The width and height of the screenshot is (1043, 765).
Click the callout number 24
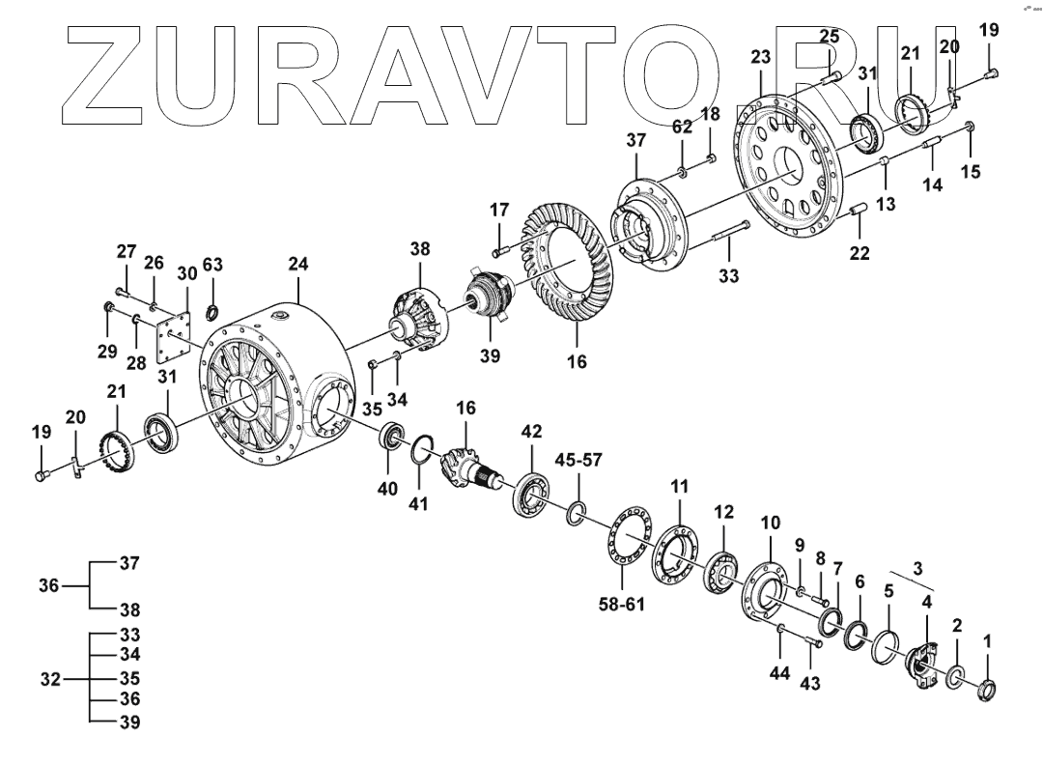tap(297, 263)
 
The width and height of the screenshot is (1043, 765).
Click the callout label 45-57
tap(578, 460)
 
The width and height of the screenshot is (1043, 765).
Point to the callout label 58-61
tap(621, 605)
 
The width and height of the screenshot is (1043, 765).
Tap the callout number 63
tap(212, 265)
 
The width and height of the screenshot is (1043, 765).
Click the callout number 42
tap(532, 430)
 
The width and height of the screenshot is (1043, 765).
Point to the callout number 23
tap(761, 58)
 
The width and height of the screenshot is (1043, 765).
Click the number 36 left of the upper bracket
tap(49, 585)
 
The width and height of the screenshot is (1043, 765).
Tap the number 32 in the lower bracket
tap(51, 679)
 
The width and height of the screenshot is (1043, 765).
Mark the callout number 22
tap(860, 253)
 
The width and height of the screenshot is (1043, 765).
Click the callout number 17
tap(498, 210)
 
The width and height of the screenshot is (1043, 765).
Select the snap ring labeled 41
tap(419, 451)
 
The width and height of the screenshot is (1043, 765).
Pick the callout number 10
tap(770, 523)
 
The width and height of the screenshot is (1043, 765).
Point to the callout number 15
tap(971, 172)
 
